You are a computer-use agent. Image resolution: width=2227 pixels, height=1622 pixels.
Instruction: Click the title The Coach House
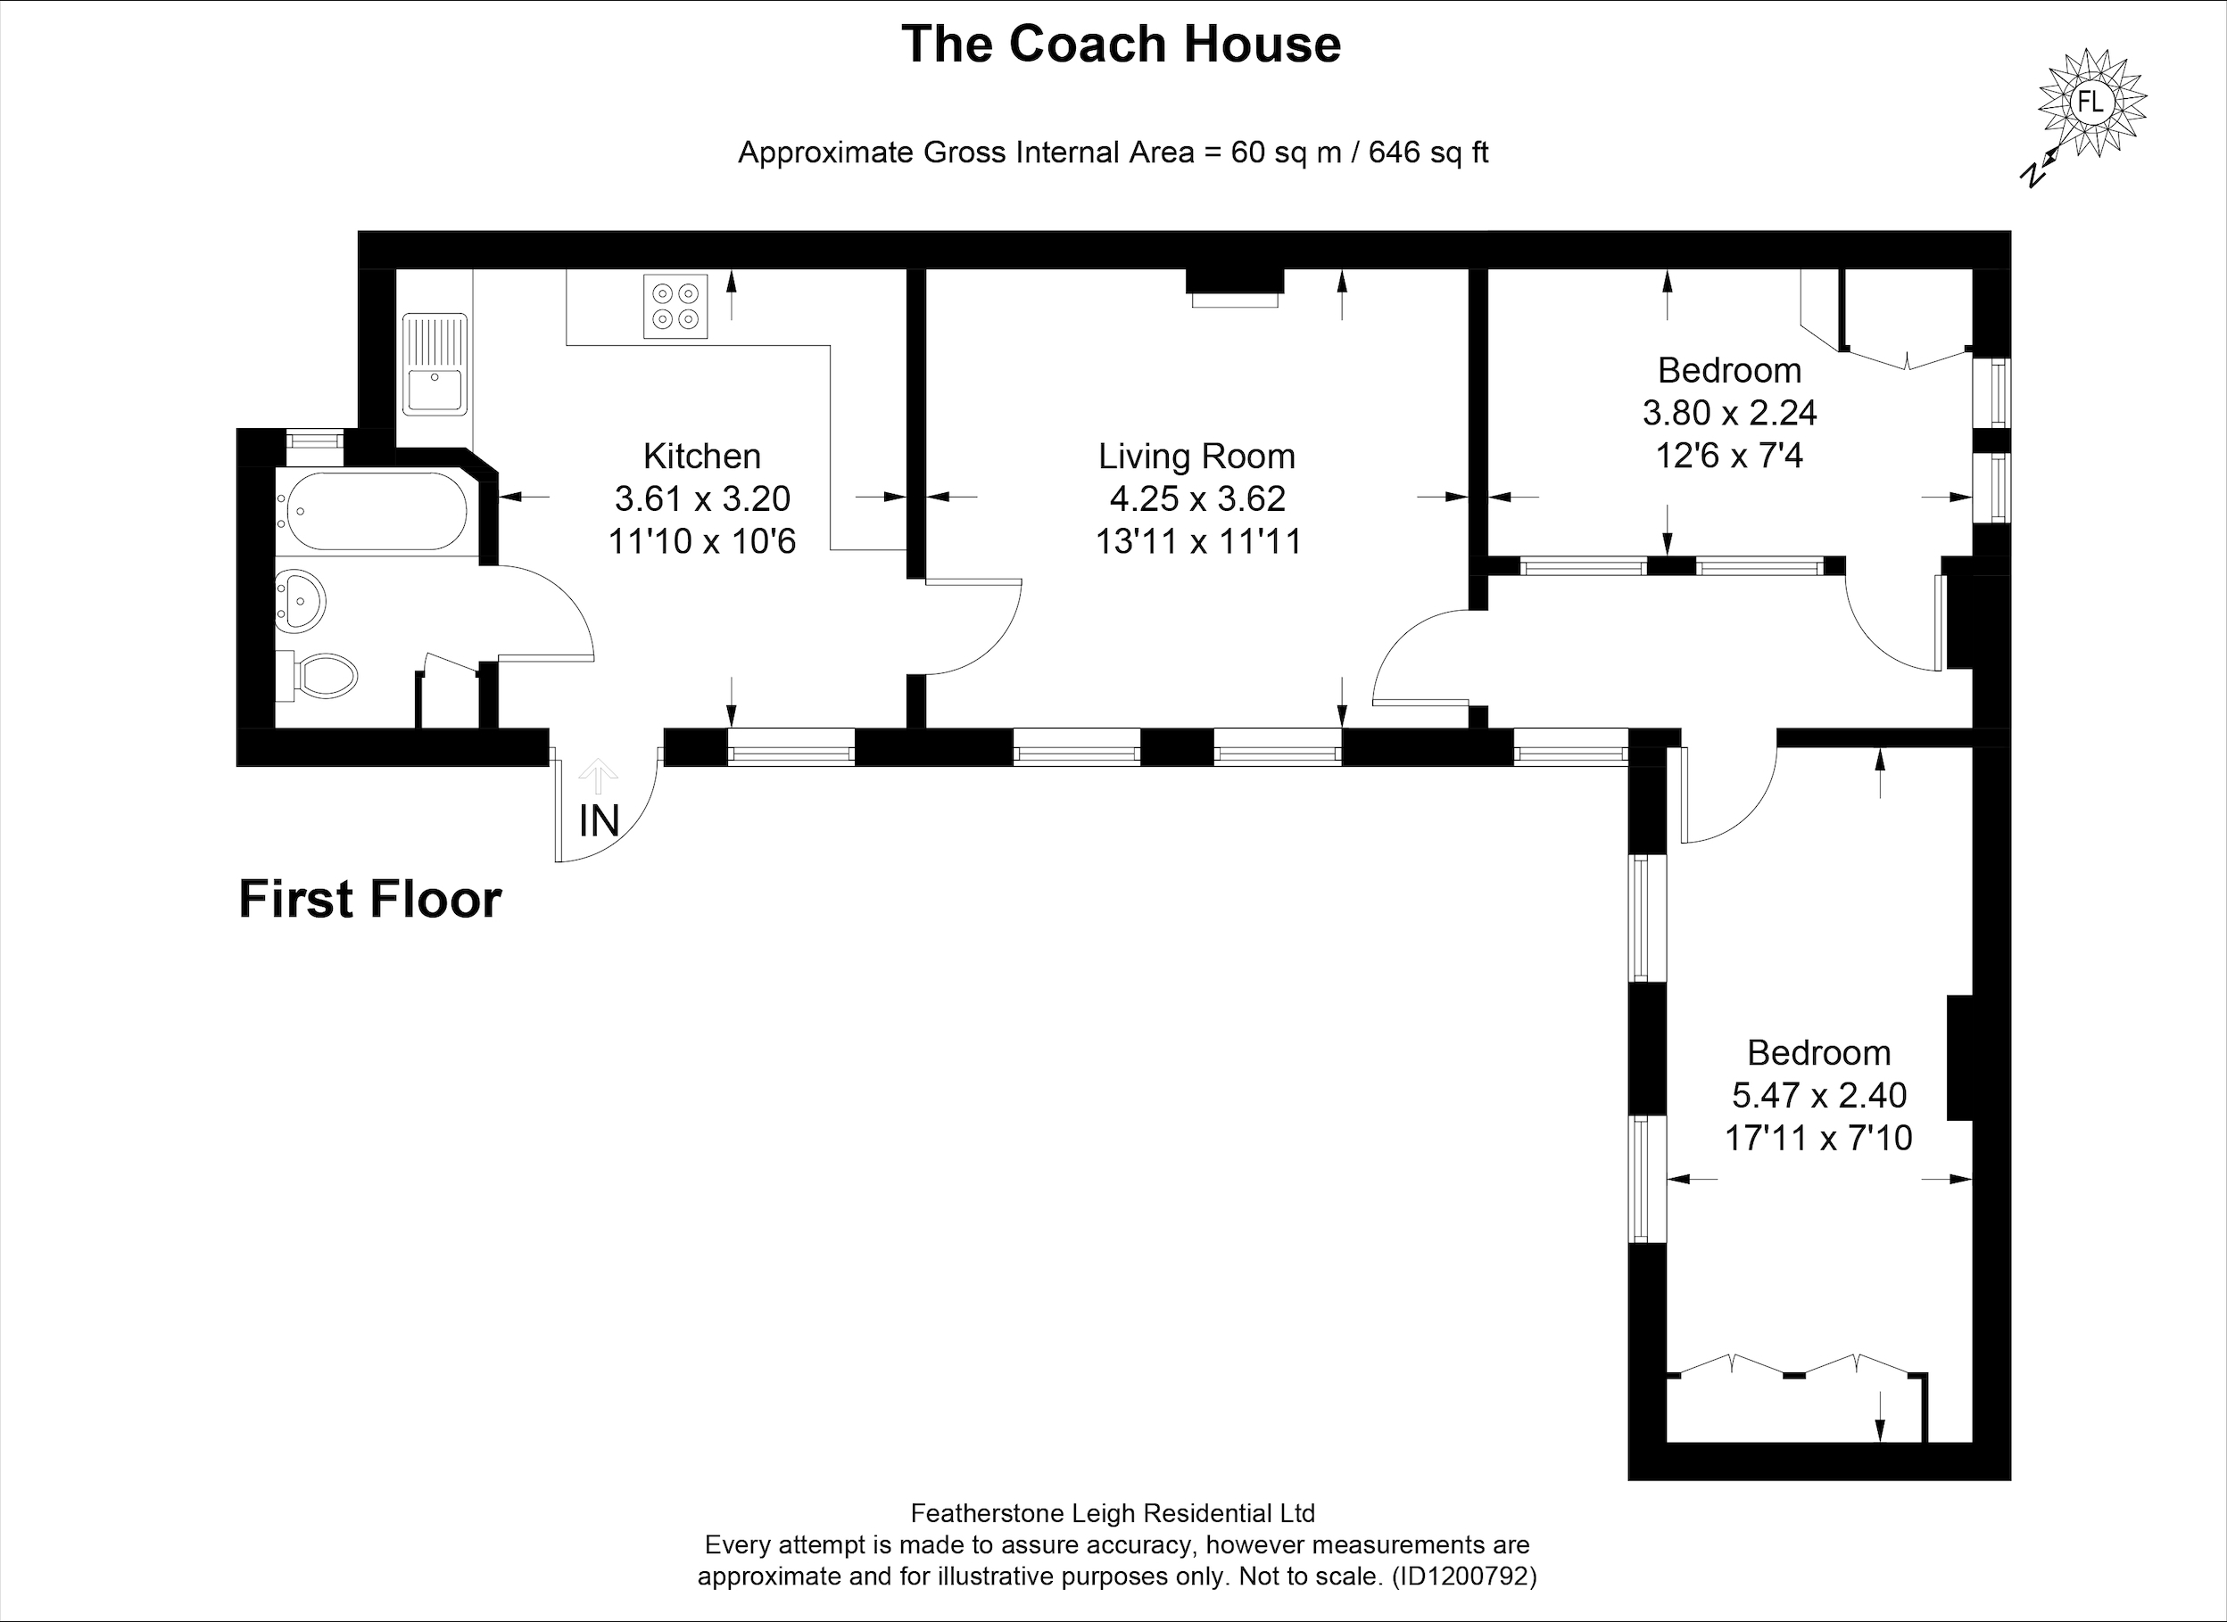pyautogui.click(x=1121, y=45)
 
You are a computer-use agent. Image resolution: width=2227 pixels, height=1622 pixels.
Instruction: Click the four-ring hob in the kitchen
pyautogui.click(x=675, y=307)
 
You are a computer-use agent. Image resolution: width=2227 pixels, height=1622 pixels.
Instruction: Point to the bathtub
pyautogui.click(x=374, y=511)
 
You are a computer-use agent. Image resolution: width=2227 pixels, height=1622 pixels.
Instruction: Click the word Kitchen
pyautogui.click(x=701, y=456)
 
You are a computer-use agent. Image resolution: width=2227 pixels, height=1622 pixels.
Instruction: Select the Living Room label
pyautogui.click(x=1196, y=456)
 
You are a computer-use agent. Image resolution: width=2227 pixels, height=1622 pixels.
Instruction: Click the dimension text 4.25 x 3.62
pyautogui.click(x=1197, y=498)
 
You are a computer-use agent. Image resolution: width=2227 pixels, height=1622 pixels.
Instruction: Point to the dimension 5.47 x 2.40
pyautogui.click(x=1818, y=1095)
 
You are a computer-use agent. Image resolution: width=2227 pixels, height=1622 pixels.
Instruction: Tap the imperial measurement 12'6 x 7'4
pyautogui.click(x=1729, y=456)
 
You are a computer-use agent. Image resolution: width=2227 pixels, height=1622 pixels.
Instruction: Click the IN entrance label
pyautogui.click(x=600, y=821)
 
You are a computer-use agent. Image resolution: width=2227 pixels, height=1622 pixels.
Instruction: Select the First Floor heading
pyautogui.click(x=370, y=900)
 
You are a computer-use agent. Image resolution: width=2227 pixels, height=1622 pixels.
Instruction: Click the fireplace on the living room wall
pyautogui.click(x=1235, y=288)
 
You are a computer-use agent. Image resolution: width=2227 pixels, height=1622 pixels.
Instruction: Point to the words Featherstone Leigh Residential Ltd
pyautogui.click(x=1113, y=1513)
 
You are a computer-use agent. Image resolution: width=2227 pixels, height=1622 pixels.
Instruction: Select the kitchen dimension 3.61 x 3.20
pyautogui.click(x=702, y=498)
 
